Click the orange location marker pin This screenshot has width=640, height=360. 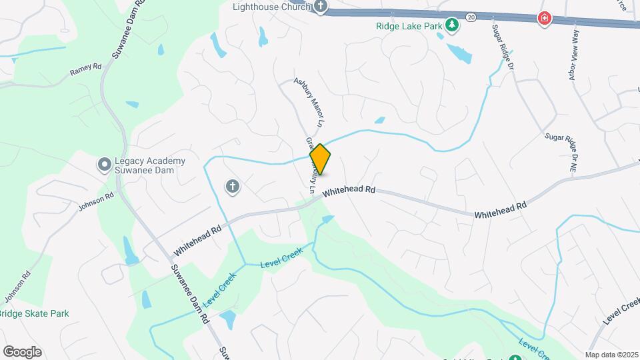coord(320,160)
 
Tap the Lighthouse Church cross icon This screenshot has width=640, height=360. coord(321,7)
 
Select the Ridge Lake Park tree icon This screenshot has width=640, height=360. coord(453,25)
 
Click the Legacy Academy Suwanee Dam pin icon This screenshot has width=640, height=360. coord(104,164)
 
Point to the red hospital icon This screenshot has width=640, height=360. coord(545,18)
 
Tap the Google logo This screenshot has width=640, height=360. coord(22,351)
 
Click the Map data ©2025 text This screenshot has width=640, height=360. coord(611,355)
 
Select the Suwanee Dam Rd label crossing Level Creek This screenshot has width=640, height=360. coord(190,293)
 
